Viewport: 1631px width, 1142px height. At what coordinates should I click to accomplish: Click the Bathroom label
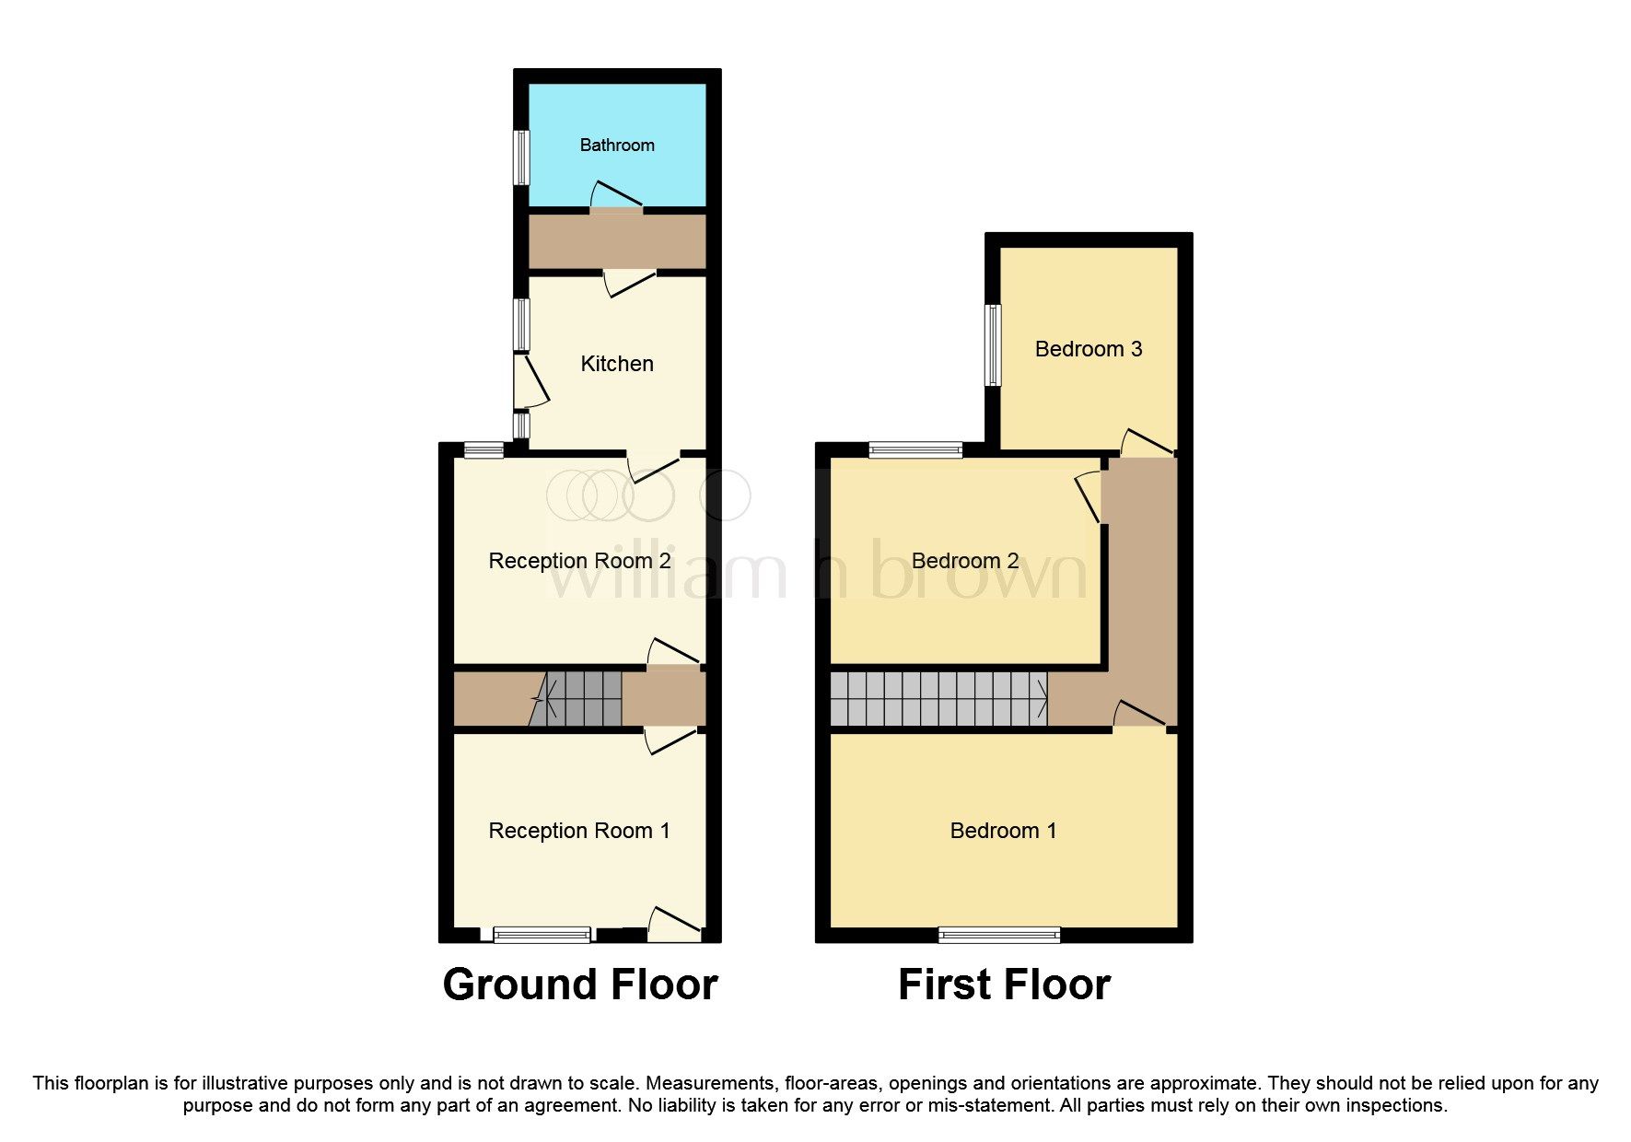(x=616, y=146)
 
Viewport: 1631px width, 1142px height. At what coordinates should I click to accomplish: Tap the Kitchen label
(x=616, y=364)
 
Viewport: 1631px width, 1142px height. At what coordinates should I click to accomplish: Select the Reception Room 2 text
(x=579, y=561)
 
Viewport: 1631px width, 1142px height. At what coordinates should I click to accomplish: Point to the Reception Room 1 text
(x=578, y=831)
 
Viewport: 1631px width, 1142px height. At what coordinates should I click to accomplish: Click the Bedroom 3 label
(x=1088, y=349)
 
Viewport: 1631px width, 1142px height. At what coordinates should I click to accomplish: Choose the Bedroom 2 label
(x=964, y=561)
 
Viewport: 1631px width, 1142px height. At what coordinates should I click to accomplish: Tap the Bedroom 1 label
(x=1002, y=831)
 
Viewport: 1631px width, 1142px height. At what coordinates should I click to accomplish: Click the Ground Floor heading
(x=579, y=985)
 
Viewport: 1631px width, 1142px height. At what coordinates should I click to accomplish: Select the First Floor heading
(x=1003, y=985)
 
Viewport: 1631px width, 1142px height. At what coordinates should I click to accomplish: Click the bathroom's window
(x=521, y=157)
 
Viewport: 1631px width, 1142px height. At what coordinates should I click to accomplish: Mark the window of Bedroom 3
(x=992, y=345)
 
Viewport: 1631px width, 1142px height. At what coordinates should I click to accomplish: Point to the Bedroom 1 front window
(x=998, y=936)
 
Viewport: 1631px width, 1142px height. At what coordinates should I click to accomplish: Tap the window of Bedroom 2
(x=915, y=450)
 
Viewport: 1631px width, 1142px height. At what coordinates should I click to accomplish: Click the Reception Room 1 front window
(x=542, y=936)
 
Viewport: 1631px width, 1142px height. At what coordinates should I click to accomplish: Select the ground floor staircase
(x=580, y=698)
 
